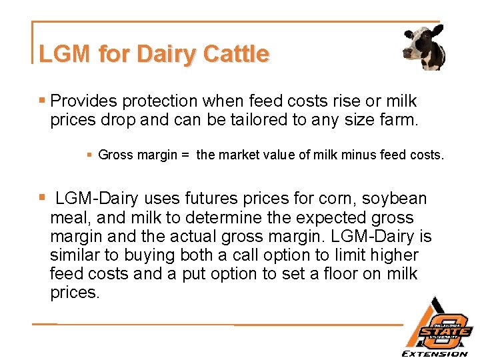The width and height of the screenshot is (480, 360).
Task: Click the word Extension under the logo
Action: point(435,353)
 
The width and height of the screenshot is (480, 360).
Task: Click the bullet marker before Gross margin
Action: point(89,155)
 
